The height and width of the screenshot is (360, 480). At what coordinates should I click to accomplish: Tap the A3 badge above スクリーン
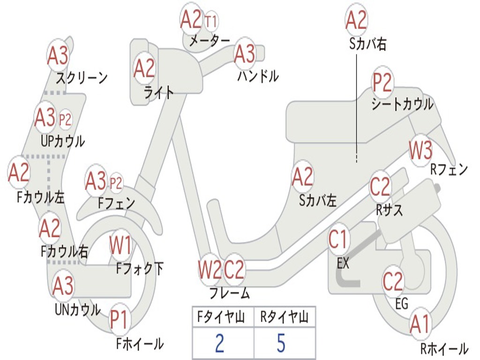[x=58, y=55]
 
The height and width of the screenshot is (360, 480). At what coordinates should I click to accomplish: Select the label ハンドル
[x=258, y=76]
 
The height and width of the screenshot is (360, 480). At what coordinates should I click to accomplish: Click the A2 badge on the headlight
[x=144, y=67]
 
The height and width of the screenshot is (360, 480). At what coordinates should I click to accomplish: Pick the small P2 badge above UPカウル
[x=65, y=119]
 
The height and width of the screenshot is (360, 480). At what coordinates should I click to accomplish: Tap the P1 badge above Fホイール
[x=119, y=320]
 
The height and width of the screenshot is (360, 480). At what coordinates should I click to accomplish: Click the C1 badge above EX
[x=337, y=240]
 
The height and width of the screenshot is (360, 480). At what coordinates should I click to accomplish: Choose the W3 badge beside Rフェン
[x=420, y=150]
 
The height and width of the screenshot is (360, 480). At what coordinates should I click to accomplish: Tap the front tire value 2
[x=220, y=343]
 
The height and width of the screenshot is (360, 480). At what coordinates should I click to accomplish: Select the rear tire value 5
[x=281, y=343]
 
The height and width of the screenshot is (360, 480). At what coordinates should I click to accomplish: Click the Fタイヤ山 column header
[x=221, y=317]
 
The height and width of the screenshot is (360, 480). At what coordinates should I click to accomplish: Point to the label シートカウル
[x=402, y=104]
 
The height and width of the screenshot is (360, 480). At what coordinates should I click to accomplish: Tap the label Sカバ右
[x=367, y=44]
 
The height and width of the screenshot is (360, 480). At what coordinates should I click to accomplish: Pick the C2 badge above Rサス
[x=380, y=187]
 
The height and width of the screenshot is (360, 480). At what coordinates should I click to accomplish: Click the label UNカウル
[x=78, y=310]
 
